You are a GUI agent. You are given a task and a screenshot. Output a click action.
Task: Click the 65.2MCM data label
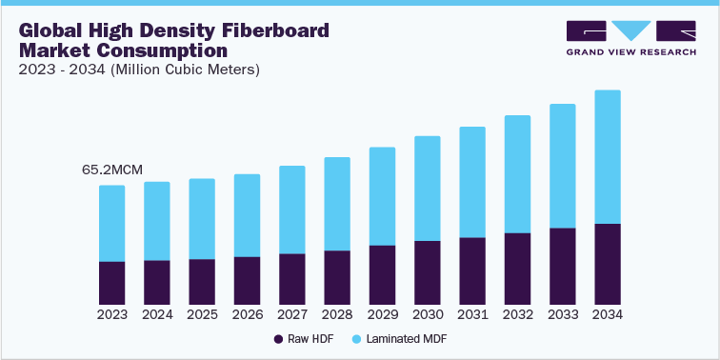pyautogui.click(x=112, y=170)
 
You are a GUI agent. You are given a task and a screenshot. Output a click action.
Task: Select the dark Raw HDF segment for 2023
pyautogui.click(x=112, y=283)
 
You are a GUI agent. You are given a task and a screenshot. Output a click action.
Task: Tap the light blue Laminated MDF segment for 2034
pyautogui.click(x=608, y=157)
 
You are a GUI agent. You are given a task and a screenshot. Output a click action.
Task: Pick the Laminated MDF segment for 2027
pyautogui.click(x=292, y=210)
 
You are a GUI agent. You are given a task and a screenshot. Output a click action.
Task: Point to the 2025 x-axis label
pyautogui.click(x=202, y=314)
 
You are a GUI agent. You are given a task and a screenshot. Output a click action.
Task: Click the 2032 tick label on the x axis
pyautogui.click(x=517, y=314)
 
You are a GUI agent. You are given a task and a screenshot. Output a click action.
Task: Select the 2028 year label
pyautogui.click(x=337, y=314)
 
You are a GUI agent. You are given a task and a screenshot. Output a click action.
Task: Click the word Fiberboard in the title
pyautogui.click(x=282, y=30)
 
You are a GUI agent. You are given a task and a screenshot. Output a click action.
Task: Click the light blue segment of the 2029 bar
pyautogui.click(x=382, y=196)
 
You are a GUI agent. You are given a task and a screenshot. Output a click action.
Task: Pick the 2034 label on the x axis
pyautogui.click(x=608, y=314)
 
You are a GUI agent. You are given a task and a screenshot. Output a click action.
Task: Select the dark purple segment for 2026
pyautogui.click(x=248, y=280)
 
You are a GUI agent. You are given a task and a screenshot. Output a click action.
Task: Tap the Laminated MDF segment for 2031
pyautogui.click(x=472, y=182)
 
